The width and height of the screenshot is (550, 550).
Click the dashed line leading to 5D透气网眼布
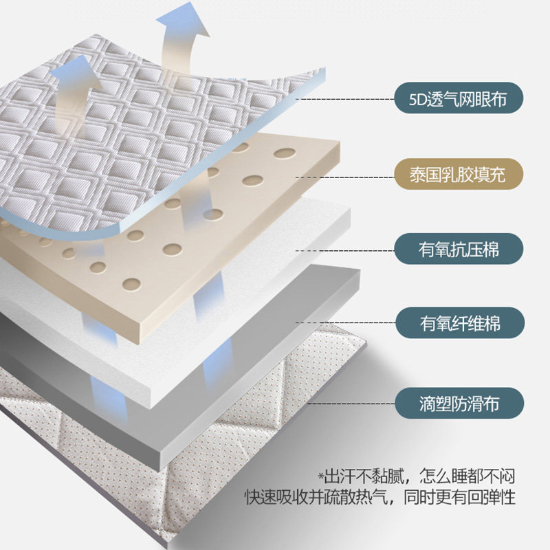click(344, 100)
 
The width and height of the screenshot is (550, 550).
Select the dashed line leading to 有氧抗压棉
click(344, 250)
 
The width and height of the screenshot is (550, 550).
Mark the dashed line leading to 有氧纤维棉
click(344, 322)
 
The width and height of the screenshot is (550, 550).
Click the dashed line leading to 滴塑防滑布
click(344, 403)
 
